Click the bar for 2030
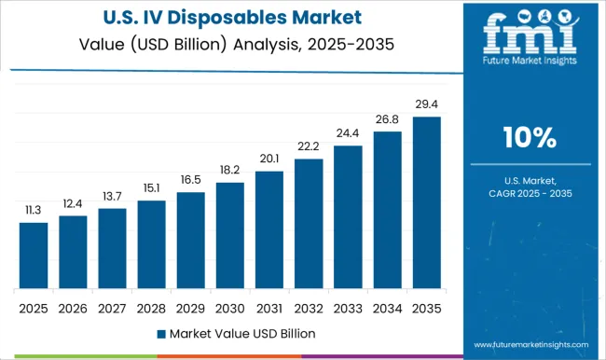click(229, 235)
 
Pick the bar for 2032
click(309, 223)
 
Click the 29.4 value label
click(426, 105)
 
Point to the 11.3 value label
click(34, 211)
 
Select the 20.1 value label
click(269, 159)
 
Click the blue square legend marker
click(161, 333)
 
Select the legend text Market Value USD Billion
click(242, 333)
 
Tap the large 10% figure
click(530, 139)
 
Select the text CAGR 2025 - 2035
click(530, 193)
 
